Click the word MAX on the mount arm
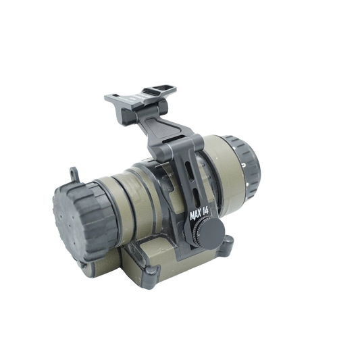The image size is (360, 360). (196, 215)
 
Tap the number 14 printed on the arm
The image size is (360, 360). (205, 211)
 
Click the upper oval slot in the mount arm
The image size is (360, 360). (188, 169)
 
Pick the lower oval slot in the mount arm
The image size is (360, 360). (196, 197)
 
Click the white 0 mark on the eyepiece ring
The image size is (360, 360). (244, 164)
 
